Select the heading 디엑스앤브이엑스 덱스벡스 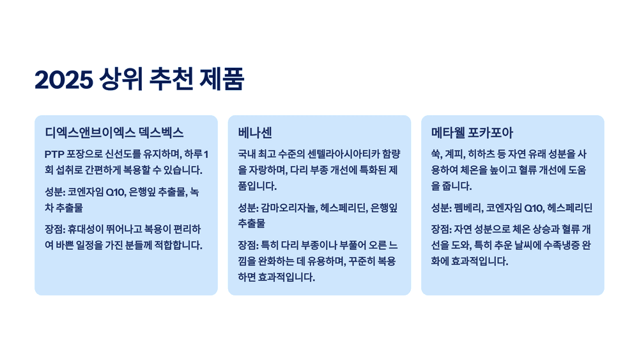pyautogui.click(x=114, y=133)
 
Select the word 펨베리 pyautogui.click(x=467, y=208)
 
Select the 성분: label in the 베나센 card pyautogui.click(x=248, y=208)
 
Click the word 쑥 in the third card pyautogui.click(x=436, y=154)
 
